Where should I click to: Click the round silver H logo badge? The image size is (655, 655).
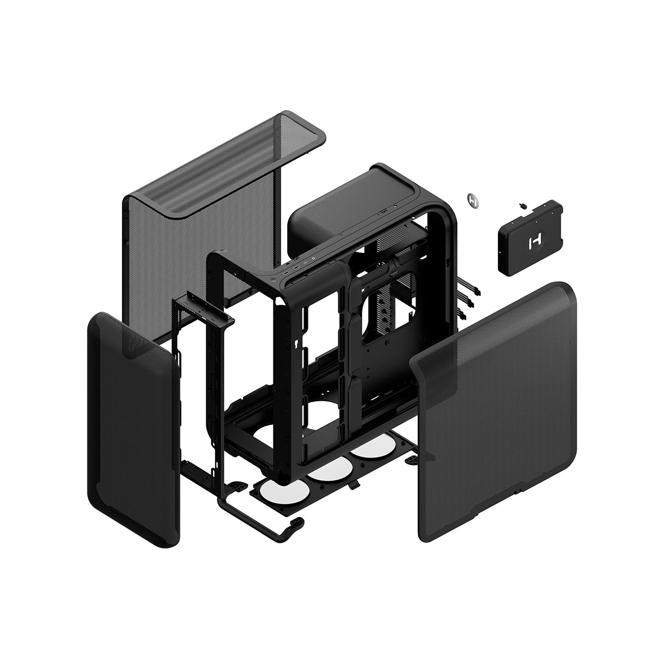pos(474,200)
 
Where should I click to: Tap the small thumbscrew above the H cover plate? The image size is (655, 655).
pos(523,206)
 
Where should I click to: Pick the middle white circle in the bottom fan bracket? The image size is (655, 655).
pos(327,467)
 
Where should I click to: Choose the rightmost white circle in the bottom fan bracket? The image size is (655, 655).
pos(369,448)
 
